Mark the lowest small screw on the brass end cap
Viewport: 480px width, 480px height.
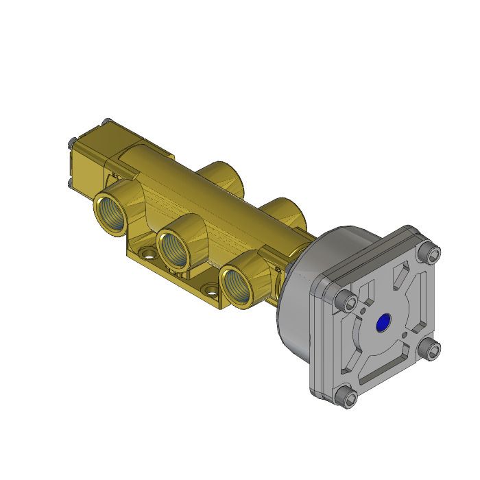tap(70, 182)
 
